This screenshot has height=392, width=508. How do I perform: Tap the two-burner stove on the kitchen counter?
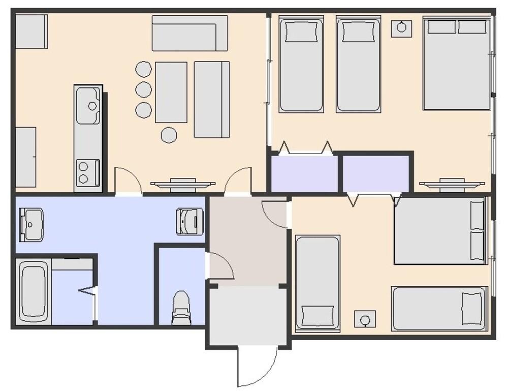pyautogui.click(x=88, y=172)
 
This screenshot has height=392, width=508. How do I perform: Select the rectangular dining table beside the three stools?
pyautogui.click(x=171, y=92)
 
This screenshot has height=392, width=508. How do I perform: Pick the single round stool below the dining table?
pyautogui.click(x=169, y=134)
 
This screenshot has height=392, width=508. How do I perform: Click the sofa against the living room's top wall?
pyautogui.click(x=189, y=33)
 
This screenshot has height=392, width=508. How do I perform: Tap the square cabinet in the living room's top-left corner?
pyautogui.click(x=31, y=31)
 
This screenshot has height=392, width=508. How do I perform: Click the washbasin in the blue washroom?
pyautogui.click(x=31, y=224)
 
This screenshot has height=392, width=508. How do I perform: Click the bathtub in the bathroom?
pyautogui.click(x=34, y=291)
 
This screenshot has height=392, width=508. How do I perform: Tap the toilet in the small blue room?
pyautogui.click(x=181, y=308)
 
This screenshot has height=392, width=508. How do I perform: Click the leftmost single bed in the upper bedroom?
pyautogui.click(x=301, y=65)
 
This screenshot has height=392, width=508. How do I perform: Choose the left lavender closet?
pyautogui.click(x=304, y=173)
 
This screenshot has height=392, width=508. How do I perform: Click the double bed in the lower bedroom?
pyautogui.click(x=440, y=231)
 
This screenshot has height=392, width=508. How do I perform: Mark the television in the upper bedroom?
pyautogui.click(x=445, y=184)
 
